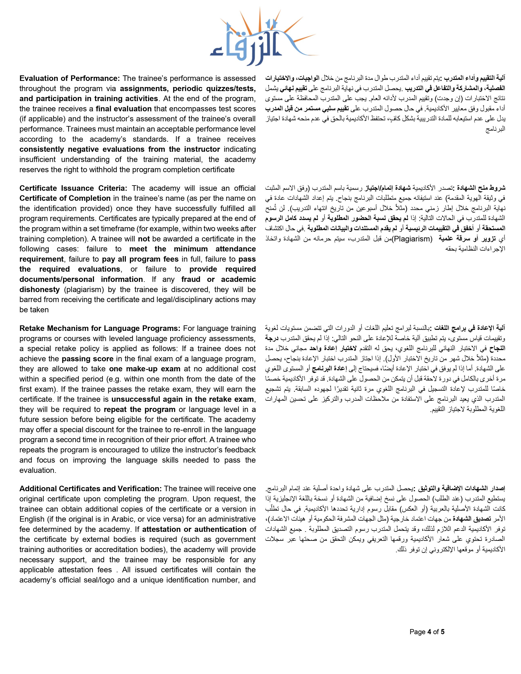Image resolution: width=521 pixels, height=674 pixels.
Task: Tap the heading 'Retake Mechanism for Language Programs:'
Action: (x=100, y=328)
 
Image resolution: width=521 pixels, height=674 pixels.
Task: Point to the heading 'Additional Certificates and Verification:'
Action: (x=91, y=489)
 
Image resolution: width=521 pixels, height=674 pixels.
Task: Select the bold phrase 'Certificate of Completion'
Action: (x=65, y=199)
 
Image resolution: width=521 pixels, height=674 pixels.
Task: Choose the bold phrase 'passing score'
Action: (x=88, y=359)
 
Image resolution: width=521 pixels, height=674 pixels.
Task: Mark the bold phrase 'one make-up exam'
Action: (x=145, y=369)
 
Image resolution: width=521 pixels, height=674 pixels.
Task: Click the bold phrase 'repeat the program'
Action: (x=140, y=410)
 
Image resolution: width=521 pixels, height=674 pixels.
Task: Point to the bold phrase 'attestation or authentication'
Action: (x=195, y=530)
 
